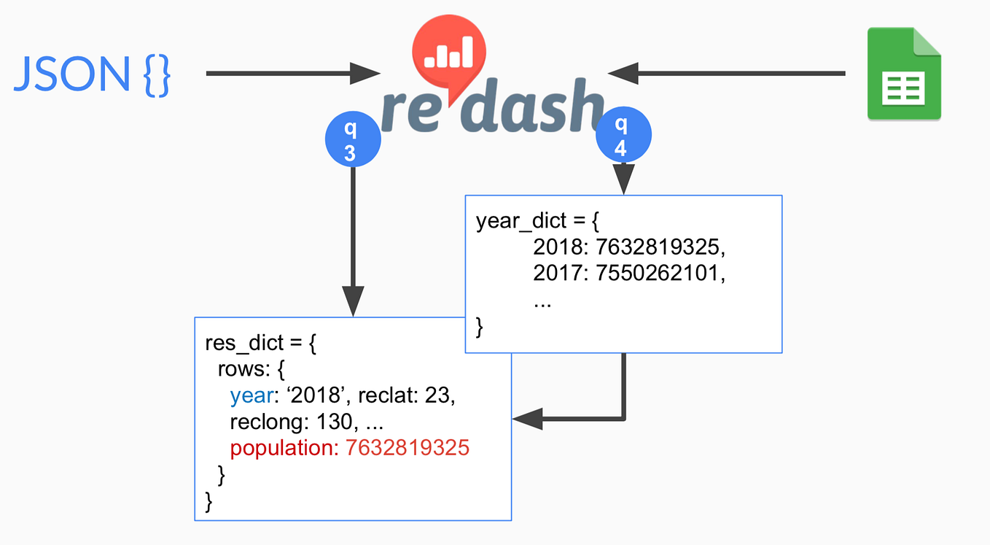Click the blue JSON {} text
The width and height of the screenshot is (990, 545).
tap(92, 74)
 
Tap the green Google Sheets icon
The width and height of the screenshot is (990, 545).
tap(903, 74)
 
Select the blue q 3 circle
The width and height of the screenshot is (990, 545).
tap(352, 142)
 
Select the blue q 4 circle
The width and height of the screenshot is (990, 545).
tap(623, 137)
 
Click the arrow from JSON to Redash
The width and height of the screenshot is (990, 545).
tap(292, 73)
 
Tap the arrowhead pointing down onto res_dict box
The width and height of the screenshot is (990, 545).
tap(353, 301)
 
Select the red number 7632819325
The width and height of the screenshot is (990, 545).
tap(408, 447)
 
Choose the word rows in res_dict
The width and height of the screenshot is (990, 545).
tap(242, 369)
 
